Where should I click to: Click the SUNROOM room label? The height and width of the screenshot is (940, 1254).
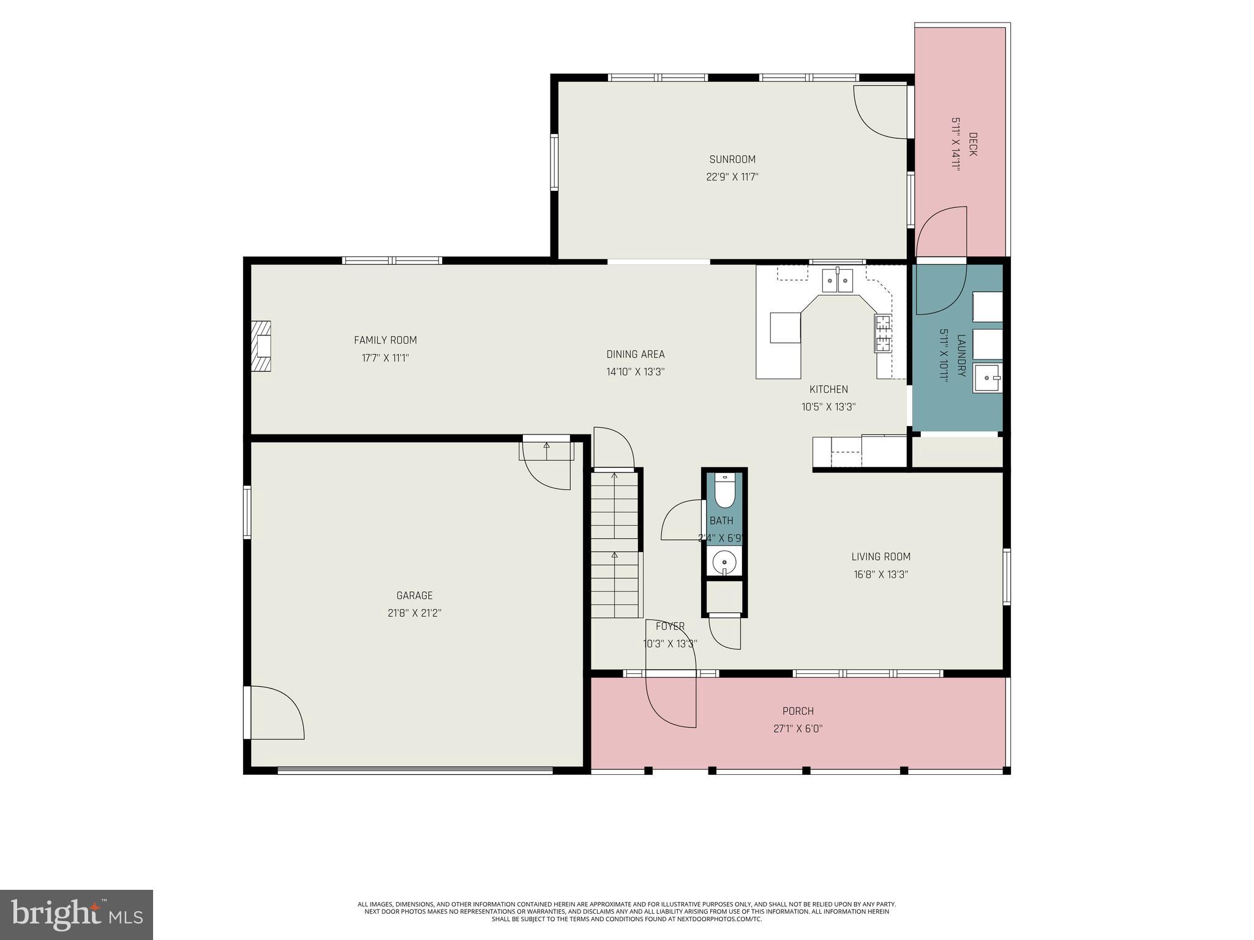click(732, 160)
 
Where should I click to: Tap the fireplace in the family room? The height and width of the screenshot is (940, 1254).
click(261, 346)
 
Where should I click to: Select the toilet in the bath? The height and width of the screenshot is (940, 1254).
click(724, 493)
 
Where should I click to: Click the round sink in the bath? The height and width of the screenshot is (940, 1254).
click(724, 561)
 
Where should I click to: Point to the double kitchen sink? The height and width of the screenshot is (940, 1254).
click(837, 282)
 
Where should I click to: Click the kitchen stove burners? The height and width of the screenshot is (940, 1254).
click(882, 334)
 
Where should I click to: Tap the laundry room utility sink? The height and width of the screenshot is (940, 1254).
click(987, 378)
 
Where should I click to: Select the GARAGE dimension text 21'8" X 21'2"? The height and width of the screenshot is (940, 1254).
click(414, 613)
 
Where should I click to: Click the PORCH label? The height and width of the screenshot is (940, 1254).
click(798, 711)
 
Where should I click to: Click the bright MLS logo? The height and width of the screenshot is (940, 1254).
click(77, 914)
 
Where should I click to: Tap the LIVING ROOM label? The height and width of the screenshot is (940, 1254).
click(880, 557)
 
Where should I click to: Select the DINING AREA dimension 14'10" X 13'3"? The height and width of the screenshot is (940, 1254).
click(635, 371)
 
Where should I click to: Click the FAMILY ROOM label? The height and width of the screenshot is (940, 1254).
click(385, 340)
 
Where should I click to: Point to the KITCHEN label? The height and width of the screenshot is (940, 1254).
click(828, 389)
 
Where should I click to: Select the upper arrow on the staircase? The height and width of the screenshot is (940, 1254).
click(614, 476)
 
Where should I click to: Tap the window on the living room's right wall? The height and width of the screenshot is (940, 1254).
click(1005, 576)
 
